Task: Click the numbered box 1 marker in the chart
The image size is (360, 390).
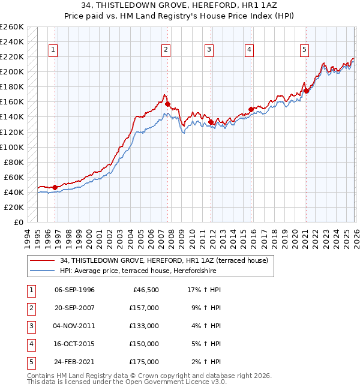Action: tap(53, 50)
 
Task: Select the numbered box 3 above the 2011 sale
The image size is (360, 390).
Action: tap(209, 50)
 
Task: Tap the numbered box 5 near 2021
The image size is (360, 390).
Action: tap(305, 50)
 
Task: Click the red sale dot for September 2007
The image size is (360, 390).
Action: tap(168, 104)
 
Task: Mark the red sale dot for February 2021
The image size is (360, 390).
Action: tap(306, 91)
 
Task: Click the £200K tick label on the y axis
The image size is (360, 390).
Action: tap(12, 71)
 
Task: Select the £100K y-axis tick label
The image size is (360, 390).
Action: tap(12, 147)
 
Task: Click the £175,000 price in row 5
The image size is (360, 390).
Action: tap(143, 362)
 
